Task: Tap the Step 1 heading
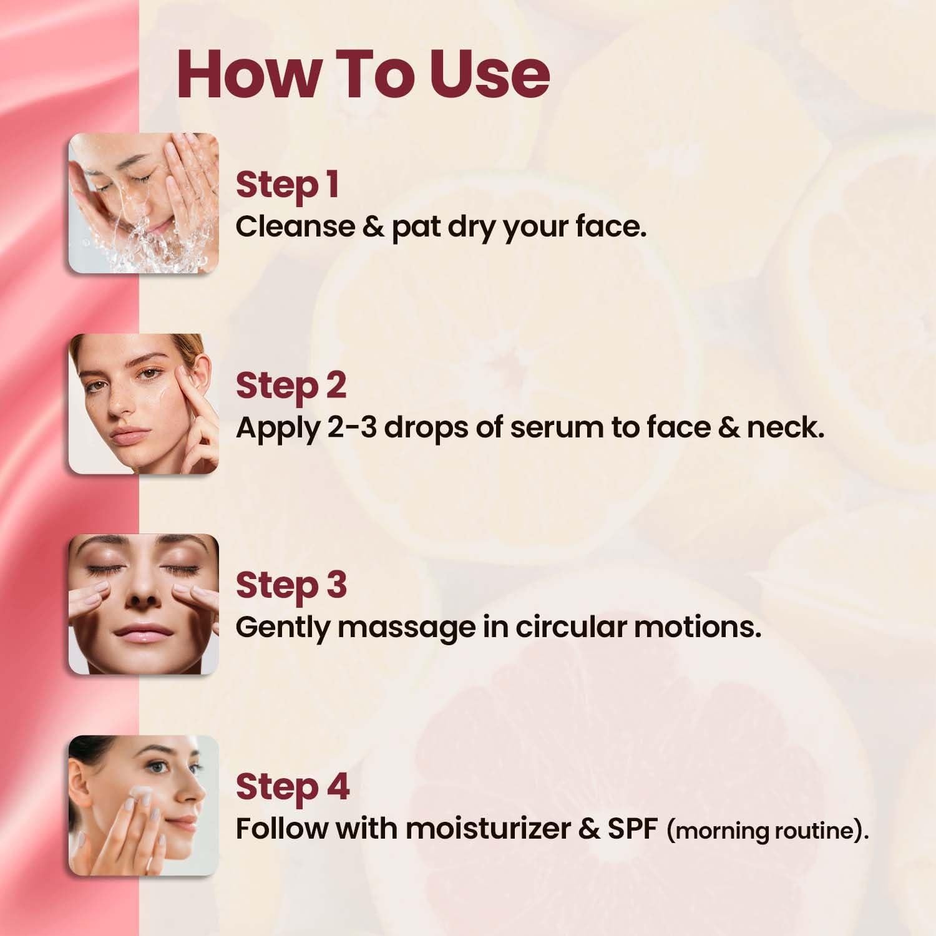click(287, 185)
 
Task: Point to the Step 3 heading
click(291, 586)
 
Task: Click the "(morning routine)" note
click(768, 831)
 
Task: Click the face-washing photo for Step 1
click(144, 203)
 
